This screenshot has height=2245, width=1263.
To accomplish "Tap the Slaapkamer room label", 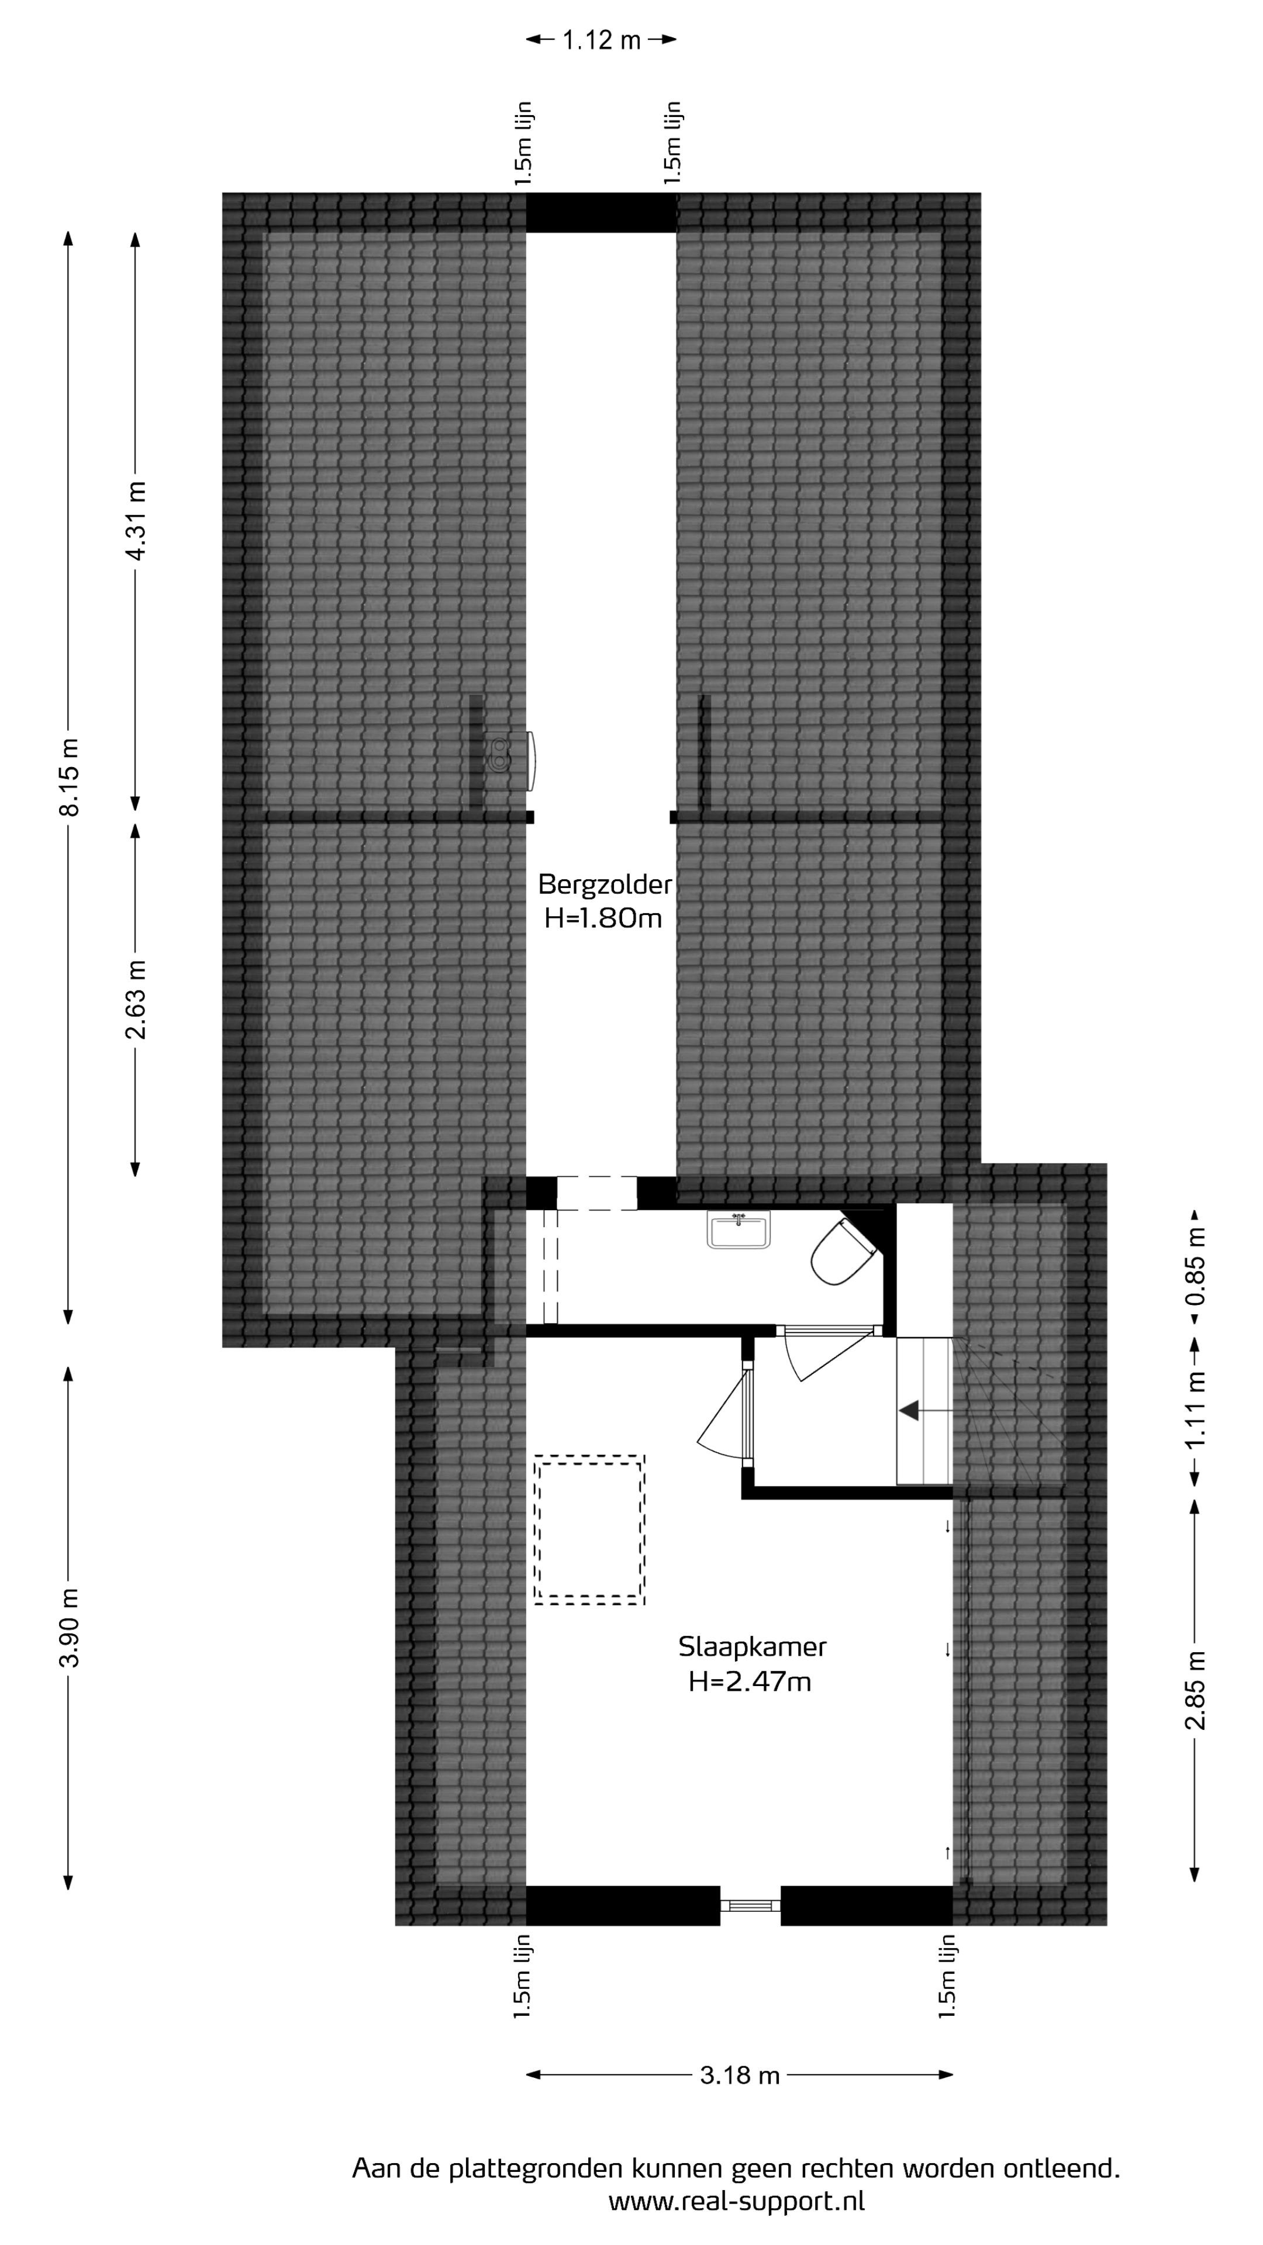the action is pyautogui.click(x=752, y=1647).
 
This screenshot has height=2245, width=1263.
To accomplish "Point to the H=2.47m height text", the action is pyautogui.click(x=750, y=1681).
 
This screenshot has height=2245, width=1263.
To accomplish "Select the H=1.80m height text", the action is pyautogui.click(x=603, y=918).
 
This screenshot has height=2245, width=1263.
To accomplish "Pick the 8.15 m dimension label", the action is pyautogui.click(x=69, y=778).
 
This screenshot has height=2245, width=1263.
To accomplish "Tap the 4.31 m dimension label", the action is pyautogui.click(x=136, y=520).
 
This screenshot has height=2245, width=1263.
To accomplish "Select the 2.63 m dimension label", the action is pyautogui.click(x=136, y=1000).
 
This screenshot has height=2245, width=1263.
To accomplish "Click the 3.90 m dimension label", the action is pyautogui.click(x=69, y=1627).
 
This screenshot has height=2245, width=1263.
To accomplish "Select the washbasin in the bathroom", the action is pyautogui.click(x=739, y=1229).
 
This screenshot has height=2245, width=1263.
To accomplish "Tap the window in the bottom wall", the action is pyautogui.click(x=750, y=1905).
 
